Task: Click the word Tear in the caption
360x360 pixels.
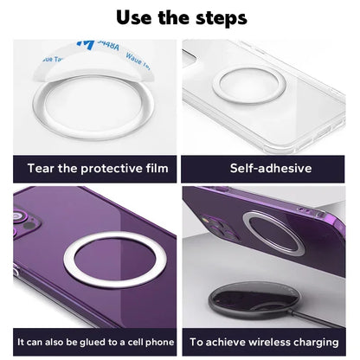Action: [43, 168]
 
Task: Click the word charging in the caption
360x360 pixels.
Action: [317, 344]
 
